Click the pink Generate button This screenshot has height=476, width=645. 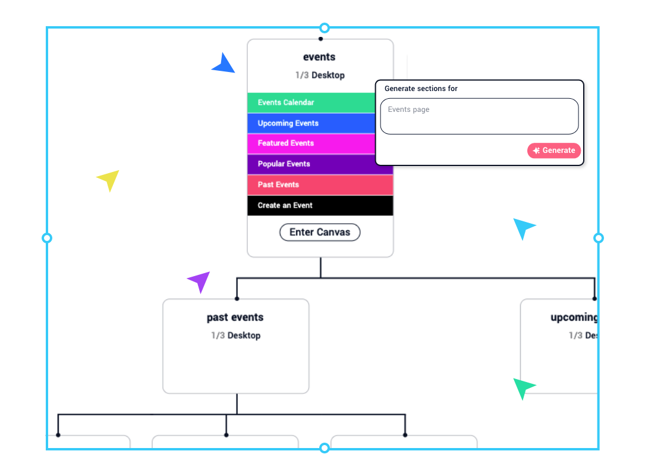pos(553,151)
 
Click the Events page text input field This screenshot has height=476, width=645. pos(479,116)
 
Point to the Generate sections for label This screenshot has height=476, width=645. pos(421,89)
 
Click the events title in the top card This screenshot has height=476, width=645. pos(319,57)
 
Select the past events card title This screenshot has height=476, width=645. pos(235,318)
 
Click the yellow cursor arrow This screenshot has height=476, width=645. pos(109,180)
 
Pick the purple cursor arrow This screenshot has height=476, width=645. pos(199,281)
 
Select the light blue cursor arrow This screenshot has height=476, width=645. pos(524,228)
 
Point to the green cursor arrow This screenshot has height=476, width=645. pos(523,388)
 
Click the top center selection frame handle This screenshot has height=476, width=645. pos(324,28)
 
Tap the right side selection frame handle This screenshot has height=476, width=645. pos(599,238)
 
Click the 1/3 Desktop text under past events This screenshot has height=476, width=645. pos(235,336)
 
